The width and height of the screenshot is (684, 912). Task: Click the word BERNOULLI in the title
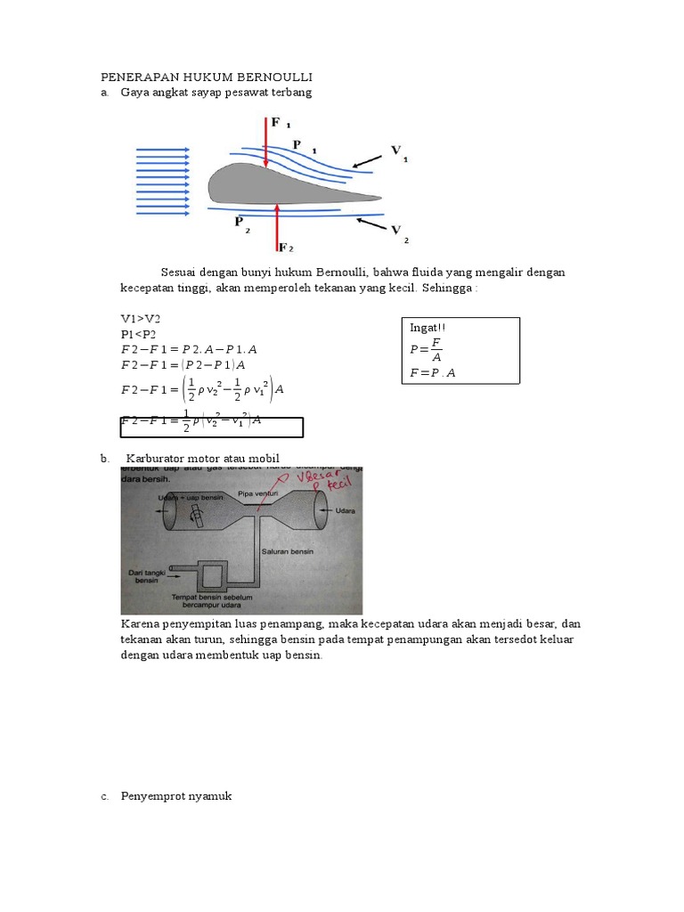271,77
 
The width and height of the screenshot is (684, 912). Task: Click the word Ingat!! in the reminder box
427,329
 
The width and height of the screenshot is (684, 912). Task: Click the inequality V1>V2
141,318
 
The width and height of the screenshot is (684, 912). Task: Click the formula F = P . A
433,373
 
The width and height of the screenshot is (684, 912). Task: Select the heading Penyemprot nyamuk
176,795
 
